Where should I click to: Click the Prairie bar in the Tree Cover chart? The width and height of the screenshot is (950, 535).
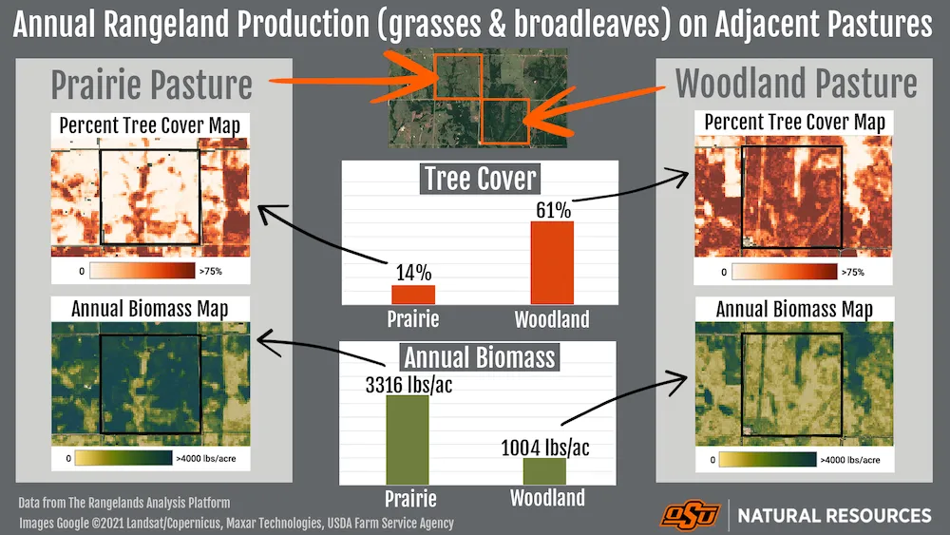pyautogui.click(x=413, y=295)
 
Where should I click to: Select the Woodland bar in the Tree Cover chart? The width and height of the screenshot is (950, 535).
pyautogui.click(x=552, y=263)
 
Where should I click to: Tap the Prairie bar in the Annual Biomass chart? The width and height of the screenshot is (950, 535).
pyautogui.click(x=408, y=440)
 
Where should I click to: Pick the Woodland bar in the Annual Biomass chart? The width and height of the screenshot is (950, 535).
pyautogui.click(x=544, y=471)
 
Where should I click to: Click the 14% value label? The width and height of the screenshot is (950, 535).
pyautogui.click(x=414, y=273)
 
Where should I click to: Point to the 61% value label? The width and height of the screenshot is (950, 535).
pyautogui.click(x=553, y=210)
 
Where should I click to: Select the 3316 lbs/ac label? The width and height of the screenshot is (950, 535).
pyautogui.click(x=408, y=385)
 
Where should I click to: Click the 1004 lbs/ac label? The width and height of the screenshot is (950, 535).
pyautogui.click(x=544, y=448)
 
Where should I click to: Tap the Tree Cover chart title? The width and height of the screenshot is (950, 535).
pyautogui.click(x=480, y=179)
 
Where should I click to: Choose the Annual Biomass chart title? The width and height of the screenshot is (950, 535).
pyautogui.click(x=479, y=357)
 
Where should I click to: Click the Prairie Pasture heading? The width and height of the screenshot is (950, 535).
pyautogui.click(x=151, y=85)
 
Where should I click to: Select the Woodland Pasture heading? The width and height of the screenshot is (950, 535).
pyautogui.click(x=796, y=83)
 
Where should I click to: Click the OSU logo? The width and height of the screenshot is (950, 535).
pyautogui.click(x=691, y=515)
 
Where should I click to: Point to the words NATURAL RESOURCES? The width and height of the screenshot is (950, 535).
pyautogui.click(x=834, y=516)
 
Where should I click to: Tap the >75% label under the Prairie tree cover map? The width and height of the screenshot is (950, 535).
pyautogui.click(x=211, y=272)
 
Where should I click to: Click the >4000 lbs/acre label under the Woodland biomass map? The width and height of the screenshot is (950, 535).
pyautogui.click(x=850, y=460)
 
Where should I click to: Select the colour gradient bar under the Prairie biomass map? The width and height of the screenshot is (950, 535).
pyautogui.click(x=123, y=458)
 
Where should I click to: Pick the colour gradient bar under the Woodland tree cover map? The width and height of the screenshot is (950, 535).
pyautogui.click(x=785, y=272)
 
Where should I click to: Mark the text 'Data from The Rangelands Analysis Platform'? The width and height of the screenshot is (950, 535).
pyautogui.click(x=124, y=503)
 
